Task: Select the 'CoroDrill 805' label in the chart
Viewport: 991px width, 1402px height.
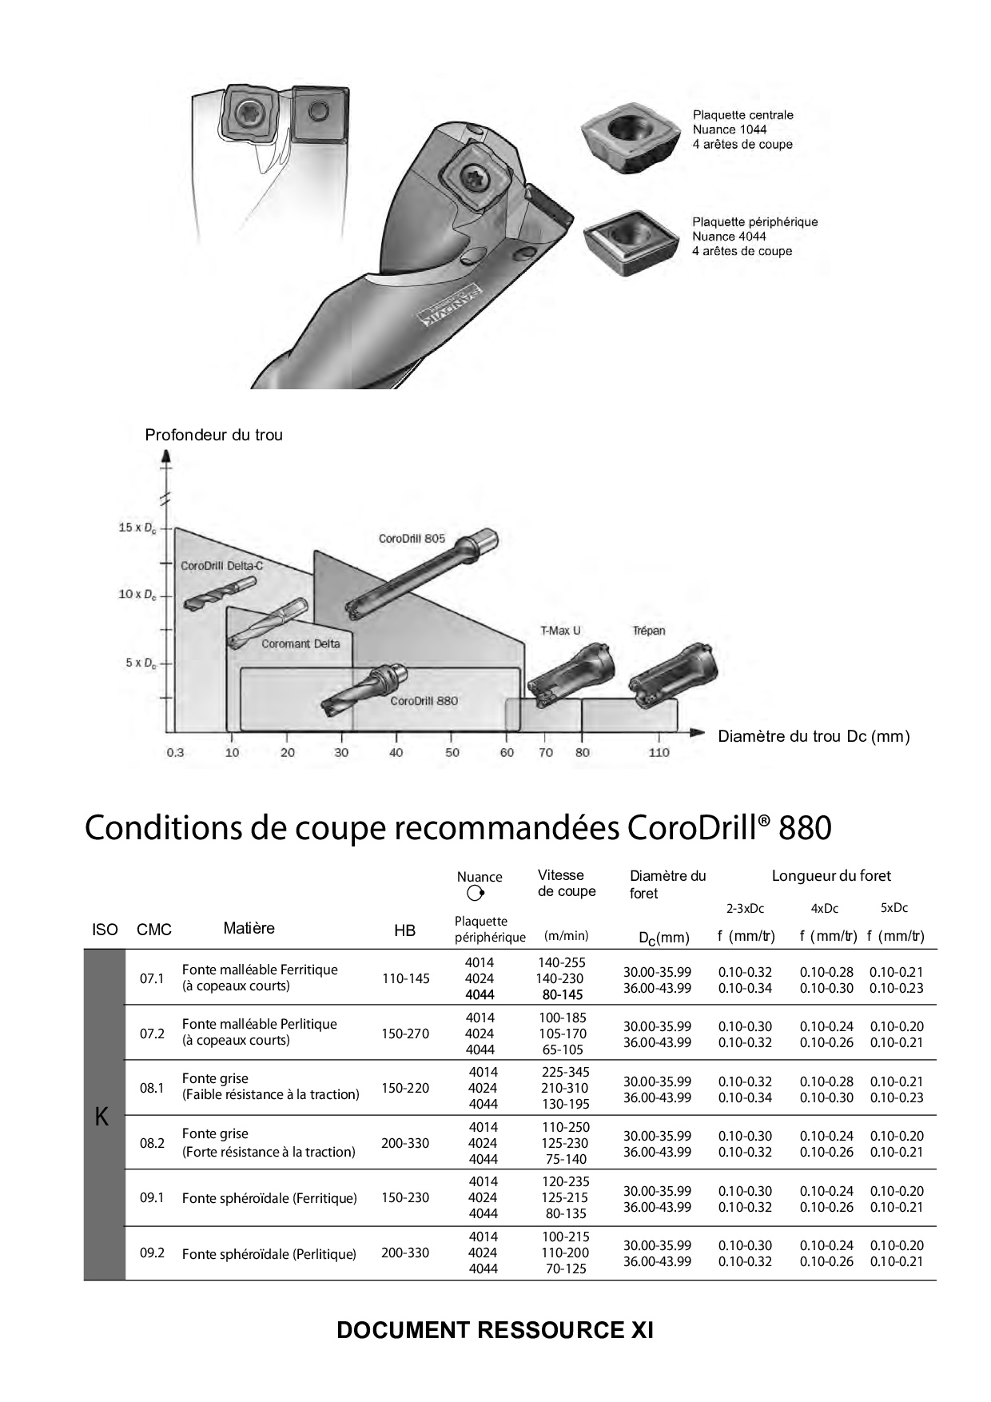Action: click(x=412, y=539)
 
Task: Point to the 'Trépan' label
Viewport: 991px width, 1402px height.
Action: click(x=648, y=631)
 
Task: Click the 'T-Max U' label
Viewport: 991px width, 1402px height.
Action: click(x=560, y=631)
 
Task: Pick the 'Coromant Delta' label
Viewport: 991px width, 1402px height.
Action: click(x=300, y=643)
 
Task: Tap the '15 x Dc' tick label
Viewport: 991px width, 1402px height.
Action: click(x=137, y=528)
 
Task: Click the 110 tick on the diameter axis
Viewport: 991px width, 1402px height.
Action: click(x=659, y=752)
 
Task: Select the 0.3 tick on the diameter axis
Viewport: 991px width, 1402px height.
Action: click(x=175, y=752)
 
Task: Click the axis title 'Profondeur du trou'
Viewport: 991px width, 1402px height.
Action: click(x=213, y=435)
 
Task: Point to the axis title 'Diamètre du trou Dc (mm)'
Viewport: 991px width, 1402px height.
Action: click(x=814, y=736)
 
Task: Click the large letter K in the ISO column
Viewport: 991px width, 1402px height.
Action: click(x=102, y=1117)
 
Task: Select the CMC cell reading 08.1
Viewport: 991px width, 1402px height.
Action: click(x=152, y=1088)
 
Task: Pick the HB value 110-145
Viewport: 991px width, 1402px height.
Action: click(x=405, y=978)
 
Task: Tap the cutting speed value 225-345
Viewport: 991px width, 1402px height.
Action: click(x=565, y=1072)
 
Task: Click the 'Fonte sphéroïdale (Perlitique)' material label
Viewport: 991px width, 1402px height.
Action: click(x=269, y=1254)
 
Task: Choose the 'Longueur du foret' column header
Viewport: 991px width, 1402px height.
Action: click(x=830, y=876)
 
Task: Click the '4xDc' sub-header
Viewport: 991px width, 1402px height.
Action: click(x=824, y=908)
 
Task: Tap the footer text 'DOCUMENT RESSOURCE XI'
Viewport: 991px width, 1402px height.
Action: click(x=495, y=1330)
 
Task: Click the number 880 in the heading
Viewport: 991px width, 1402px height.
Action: click(x=805, y=828)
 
